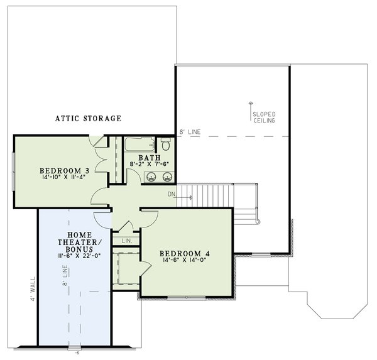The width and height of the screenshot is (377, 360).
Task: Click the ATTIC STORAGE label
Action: pos(87,118)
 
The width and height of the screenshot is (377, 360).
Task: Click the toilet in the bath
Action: pos(166,145)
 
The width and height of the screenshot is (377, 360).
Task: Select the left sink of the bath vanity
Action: pos(150,177)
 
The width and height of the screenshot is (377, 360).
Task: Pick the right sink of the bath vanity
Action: pos(167,177)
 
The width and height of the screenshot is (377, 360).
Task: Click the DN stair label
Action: pos(171,194)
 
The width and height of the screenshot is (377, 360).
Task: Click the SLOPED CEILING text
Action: pos(263,117)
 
